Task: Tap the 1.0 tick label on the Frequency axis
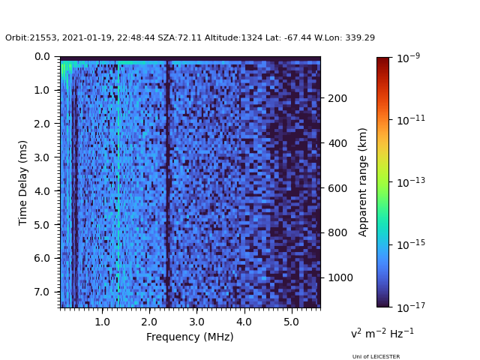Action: point(102,322)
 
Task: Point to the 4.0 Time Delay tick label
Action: point(41,191)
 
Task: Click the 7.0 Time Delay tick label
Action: point(41,292)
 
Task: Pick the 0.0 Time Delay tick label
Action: point(41,57)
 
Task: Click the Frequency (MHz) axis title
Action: point(190,337)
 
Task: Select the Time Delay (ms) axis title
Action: point(23,182)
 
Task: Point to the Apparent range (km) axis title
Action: point(363,181)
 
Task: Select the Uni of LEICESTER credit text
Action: point(376,357)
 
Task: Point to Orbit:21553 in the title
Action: point(27,37)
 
